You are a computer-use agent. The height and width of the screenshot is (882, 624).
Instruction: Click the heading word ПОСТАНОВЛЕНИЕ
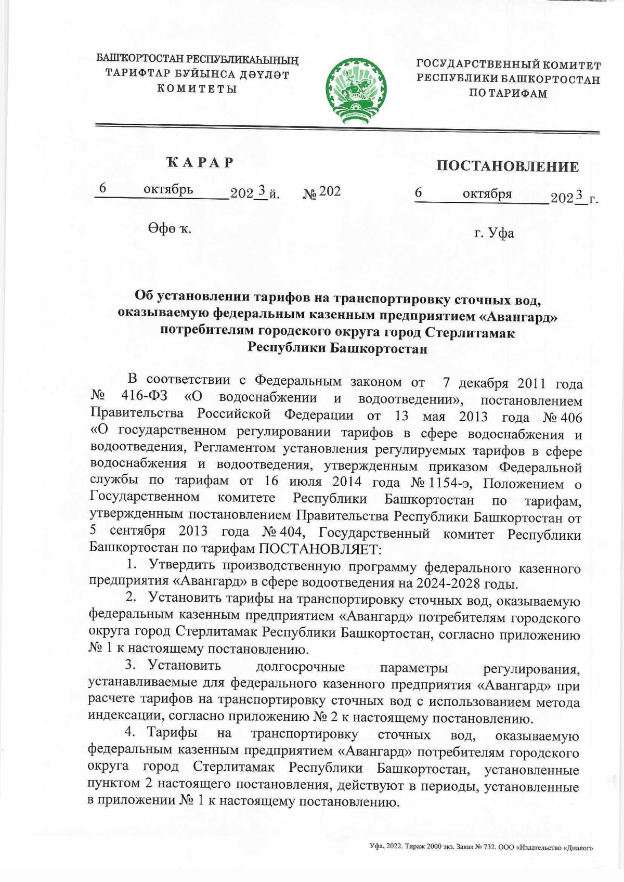coord(507,166)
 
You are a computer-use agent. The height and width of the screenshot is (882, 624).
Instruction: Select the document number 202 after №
coord(330,191)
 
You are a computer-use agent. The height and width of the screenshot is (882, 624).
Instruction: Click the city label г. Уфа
coord(494,232)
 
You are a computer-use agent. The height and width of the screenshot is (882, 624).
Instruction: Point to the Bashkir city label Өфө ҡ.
coord(169,228)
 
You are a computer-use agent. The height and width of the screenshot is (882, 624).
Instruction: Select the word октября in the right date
coord(487,194)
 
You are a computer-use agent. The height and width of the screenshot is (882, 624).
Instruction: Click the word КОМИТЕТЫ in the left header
coord(197,88)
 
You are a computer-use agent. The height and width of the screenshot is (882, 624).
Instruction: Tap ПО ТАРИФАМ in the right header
coord(508,94)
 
